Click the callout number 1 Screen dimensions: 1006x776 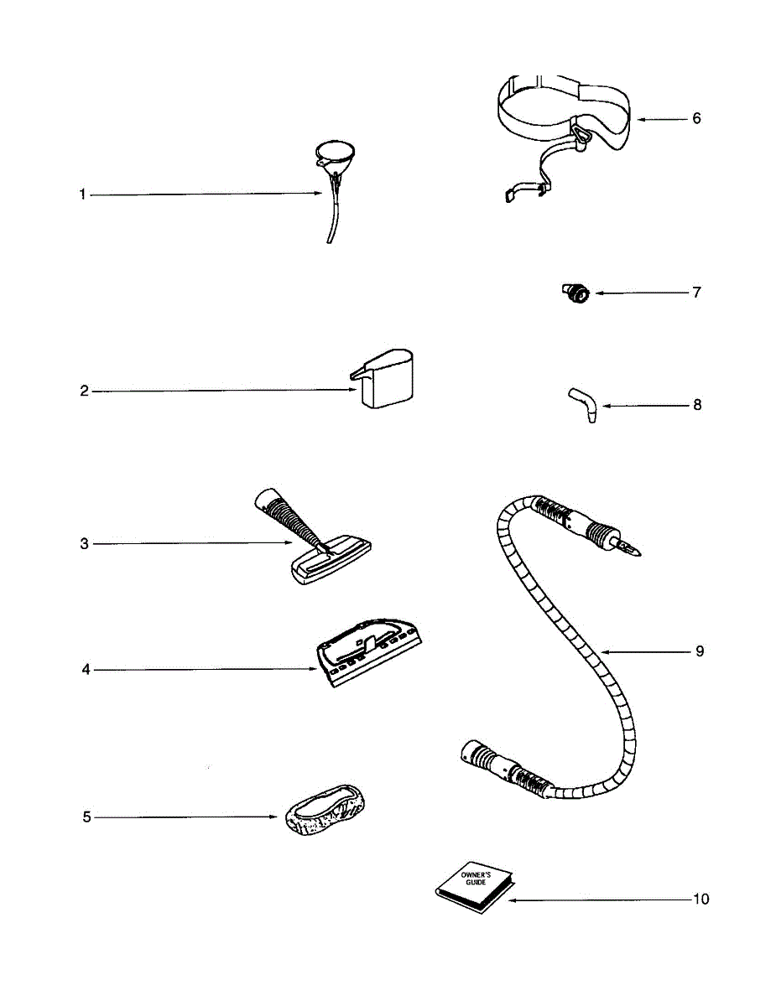coord(82,194)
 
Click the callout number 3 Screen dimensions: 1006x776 coord(84,544)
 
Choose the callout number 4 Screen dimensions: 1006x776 coord(86,670)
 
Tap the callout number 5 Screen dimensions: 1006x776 coord(86,817)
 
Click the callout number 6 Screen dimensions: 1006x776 coord(696,118)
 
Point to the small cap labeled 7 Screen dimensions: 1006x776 coord(575,293)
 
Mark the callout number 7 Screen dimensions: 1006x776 coord(696,293)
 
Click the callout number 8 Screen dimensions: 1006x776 coord(697,405)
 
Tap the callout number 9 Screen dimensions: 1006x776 coord(699,651)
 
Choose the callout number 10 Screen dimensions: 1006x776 coord(700,900)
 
